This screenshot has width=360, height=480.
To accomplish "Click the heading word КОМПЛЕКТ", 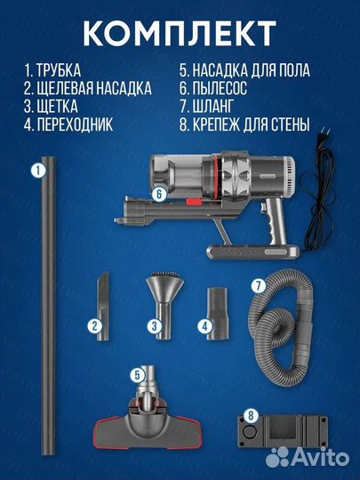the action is pyautogui.click(x=180, y=34).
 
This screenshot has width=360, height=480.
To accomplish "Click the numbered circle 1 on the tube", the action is pyautogui.click(x=38, y=170).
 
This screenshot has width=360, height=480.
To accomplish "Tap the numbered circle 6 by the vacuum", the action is pyautogui.click(x=159, y=194).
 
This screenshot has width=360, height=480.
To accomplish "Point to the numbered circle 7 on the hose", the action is pyautogui.click(x=259, y=286).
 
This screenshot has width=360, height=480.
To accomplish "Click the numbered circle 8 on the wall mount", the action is pyautogui.click(x=251, y=415).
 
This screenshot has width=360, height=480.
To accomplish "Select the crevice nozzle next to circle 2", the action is pyautogui.click(x=103, y=306).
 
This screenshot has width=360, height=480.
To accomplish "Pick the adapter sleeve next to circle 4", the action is pyautogui.click(x=218, y=314).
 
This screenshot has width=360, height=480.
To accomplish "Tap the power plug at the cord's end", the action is pyautogui.click(x=324, y=134).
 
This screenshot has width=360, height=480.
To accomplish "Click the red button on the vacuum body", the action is pyautogui.click(x=194, y=202).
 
